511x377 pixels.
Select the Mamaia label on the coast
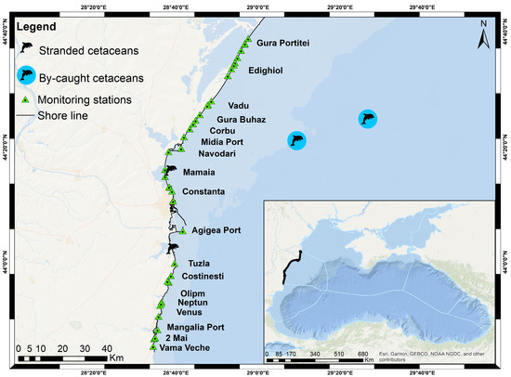(x=202, y=173)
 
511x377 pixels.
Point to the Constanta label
(x=203, y=192)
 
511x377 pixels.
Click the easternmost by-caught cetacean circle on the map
(x=370, y=119)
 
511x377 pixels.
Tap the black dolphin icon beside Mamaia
(x=169, y=171)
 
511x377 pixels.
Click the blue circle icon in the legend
(x=29, y=75)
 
